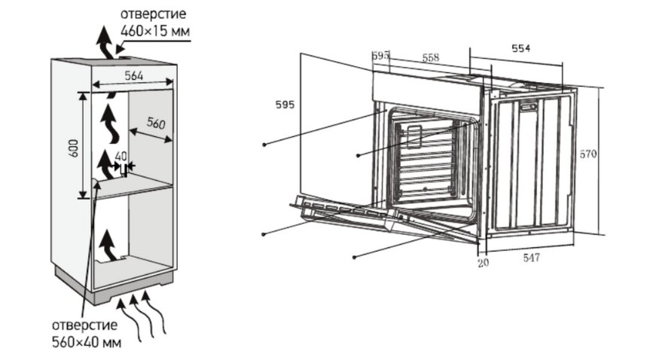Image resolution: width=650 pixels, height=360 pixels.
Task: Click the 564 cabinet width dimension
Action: [x=133, y=75]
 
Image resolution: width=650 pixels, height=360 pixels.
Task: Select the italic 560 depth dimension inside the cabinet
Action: [x=155, y=124]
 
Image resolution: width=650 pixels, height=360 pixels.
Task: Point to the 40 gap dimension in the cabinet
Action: [x=121, y=157]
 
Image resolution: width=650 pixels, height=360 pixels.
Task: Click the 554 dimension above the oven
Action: [x=520, y=48]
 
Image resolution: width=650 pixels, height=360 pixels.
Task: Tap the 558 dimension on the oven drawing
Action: [x=430, y=58]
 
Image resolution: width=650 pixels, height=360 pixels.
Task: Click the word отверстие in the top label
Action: [x=151, y=16]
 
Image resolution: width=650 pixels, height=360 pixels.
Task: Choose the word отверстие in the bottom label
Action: [x=84, y=325]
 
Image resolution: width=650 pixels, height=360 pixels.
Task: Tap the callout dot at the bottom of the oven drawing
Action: [x=354, y=257]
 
